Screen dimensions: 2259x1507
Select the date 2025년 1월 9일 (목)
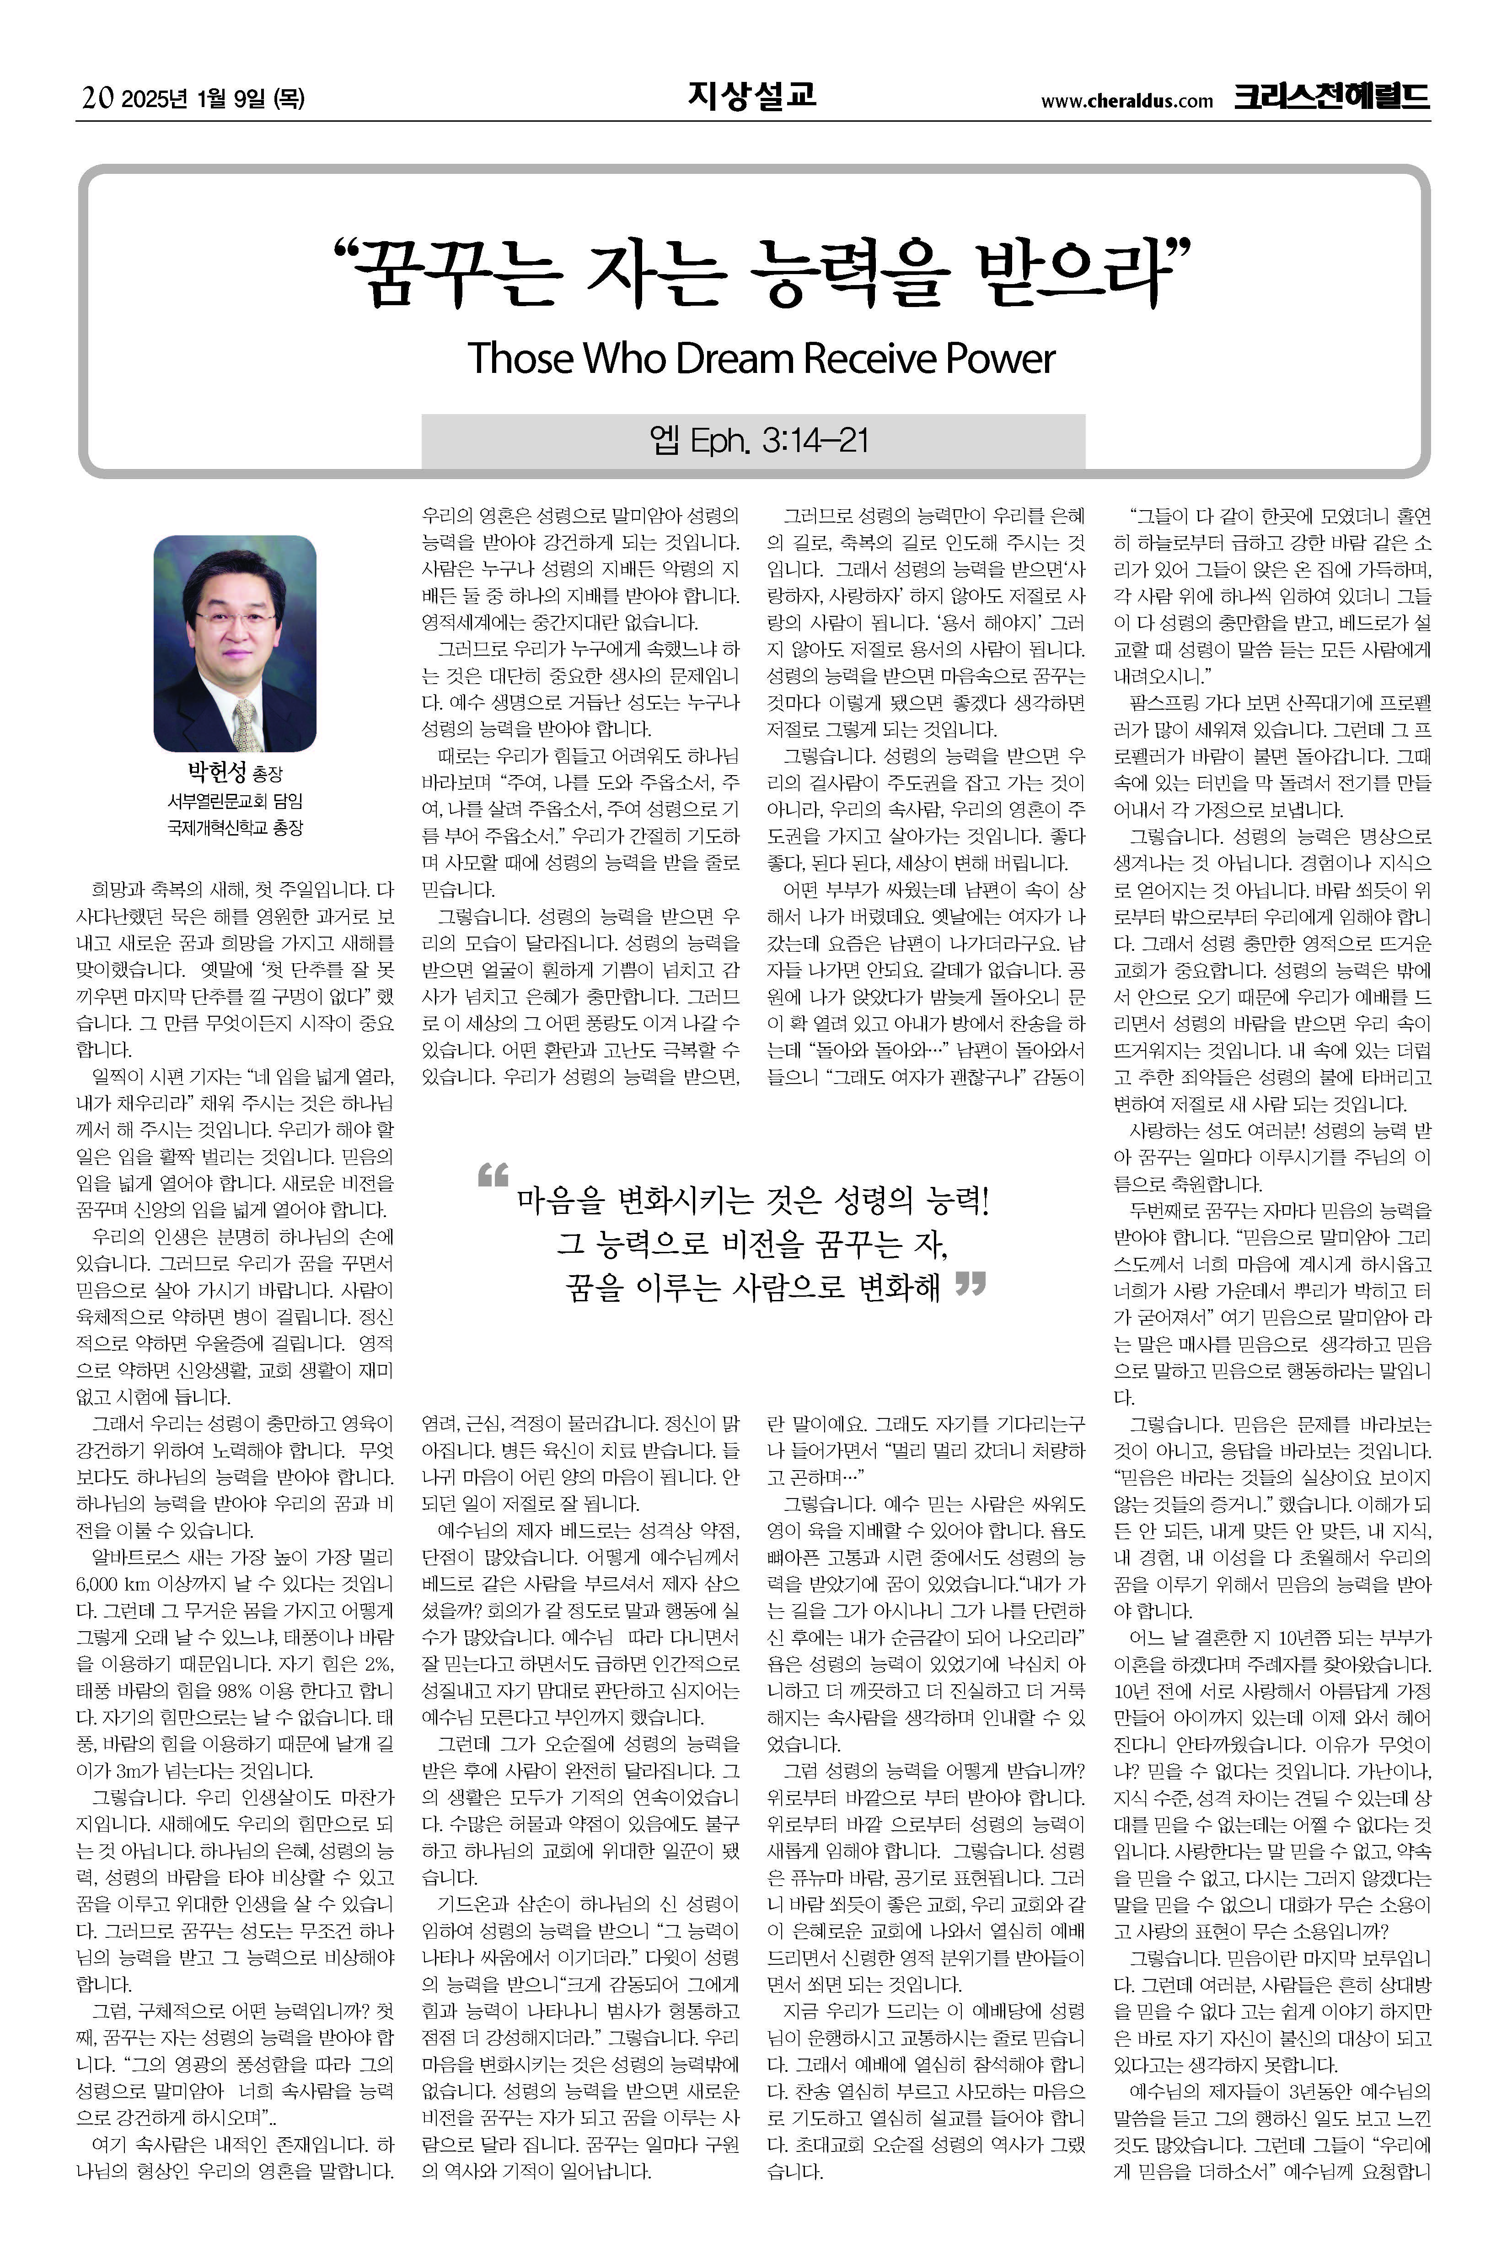tap(214, 98)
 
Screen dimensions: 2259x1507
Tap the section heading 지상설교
tap(751, 95)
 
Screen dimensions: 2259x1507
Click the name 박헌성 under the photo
tap(217, 772)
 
